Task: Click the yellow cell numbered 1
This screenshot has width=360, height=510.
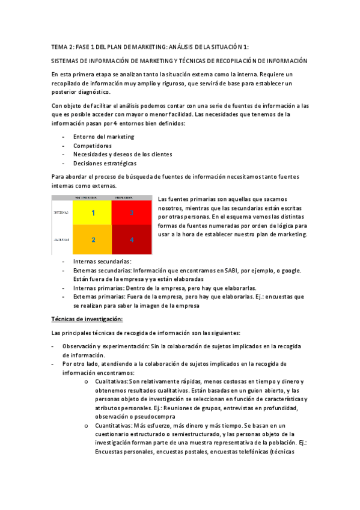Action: pyautogui.click(x=93, y=213)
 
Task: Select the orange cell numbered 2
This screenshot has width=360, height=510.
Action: pyautogui.click(x=93, y=239)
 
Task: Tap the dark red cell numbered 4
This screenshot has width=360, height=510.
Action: pyautogui.click(x=131, y=239)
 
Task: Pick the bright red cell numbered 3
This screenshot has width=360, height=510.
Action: pyautogui.click(x=131, y=213)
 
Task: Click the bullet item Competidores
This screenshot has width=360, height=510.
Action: pyautogui.click(x=93, y=146)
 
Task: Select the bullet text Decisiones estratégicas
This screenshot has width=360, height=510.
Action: pyautogui.click(x=105, y=163)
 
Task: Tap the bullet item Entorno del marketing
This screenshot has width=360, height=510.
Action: pyautogui.click(x=104, y=137)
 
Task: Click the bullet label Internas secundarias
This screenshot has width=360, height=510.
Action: pyautogui.click(x=102, y=262)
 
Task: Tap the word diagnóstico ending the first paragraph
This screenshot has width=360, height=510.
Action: pyautogui.click(x=91, y=92)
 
